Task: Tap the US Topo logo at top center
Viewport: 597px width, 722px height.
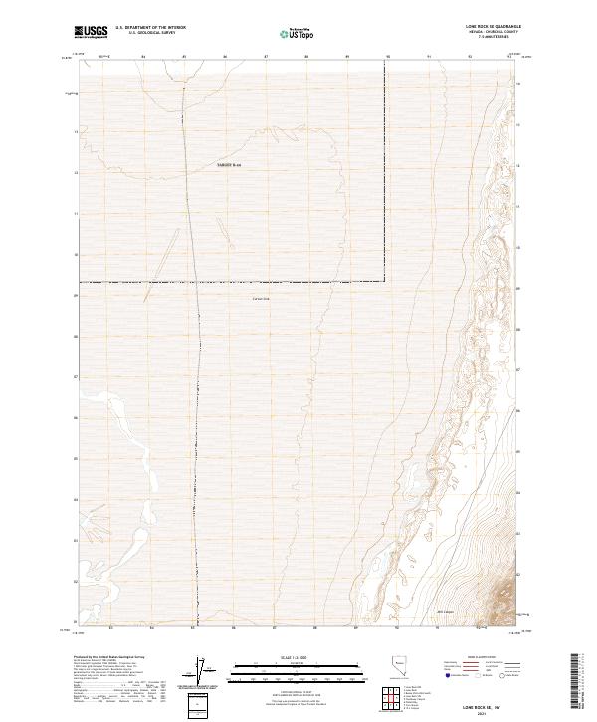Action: point(298,34)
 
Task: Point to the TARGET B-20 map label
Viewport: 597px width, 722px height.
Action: point(230,165)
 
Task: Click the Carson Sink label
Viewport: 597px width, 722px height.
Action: point(262,298)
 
